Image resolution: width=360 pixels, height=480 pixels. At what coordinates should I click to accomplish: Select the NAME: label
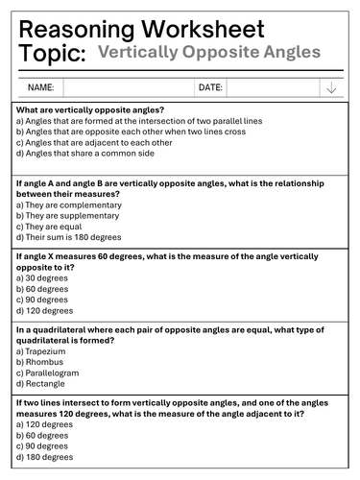[x=40, y=87]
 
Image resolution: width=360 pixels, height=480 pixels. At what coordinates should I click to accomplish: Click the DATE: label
[x=210, y=87]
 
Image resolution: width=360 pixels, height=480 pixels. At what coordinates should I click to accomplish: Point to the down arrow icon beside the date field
[x=330, y=87]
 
